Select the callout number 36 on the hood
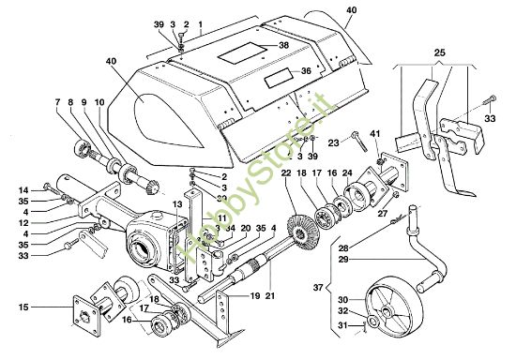[x=306, y=71]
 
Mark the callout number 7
[x=58, y=100]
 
